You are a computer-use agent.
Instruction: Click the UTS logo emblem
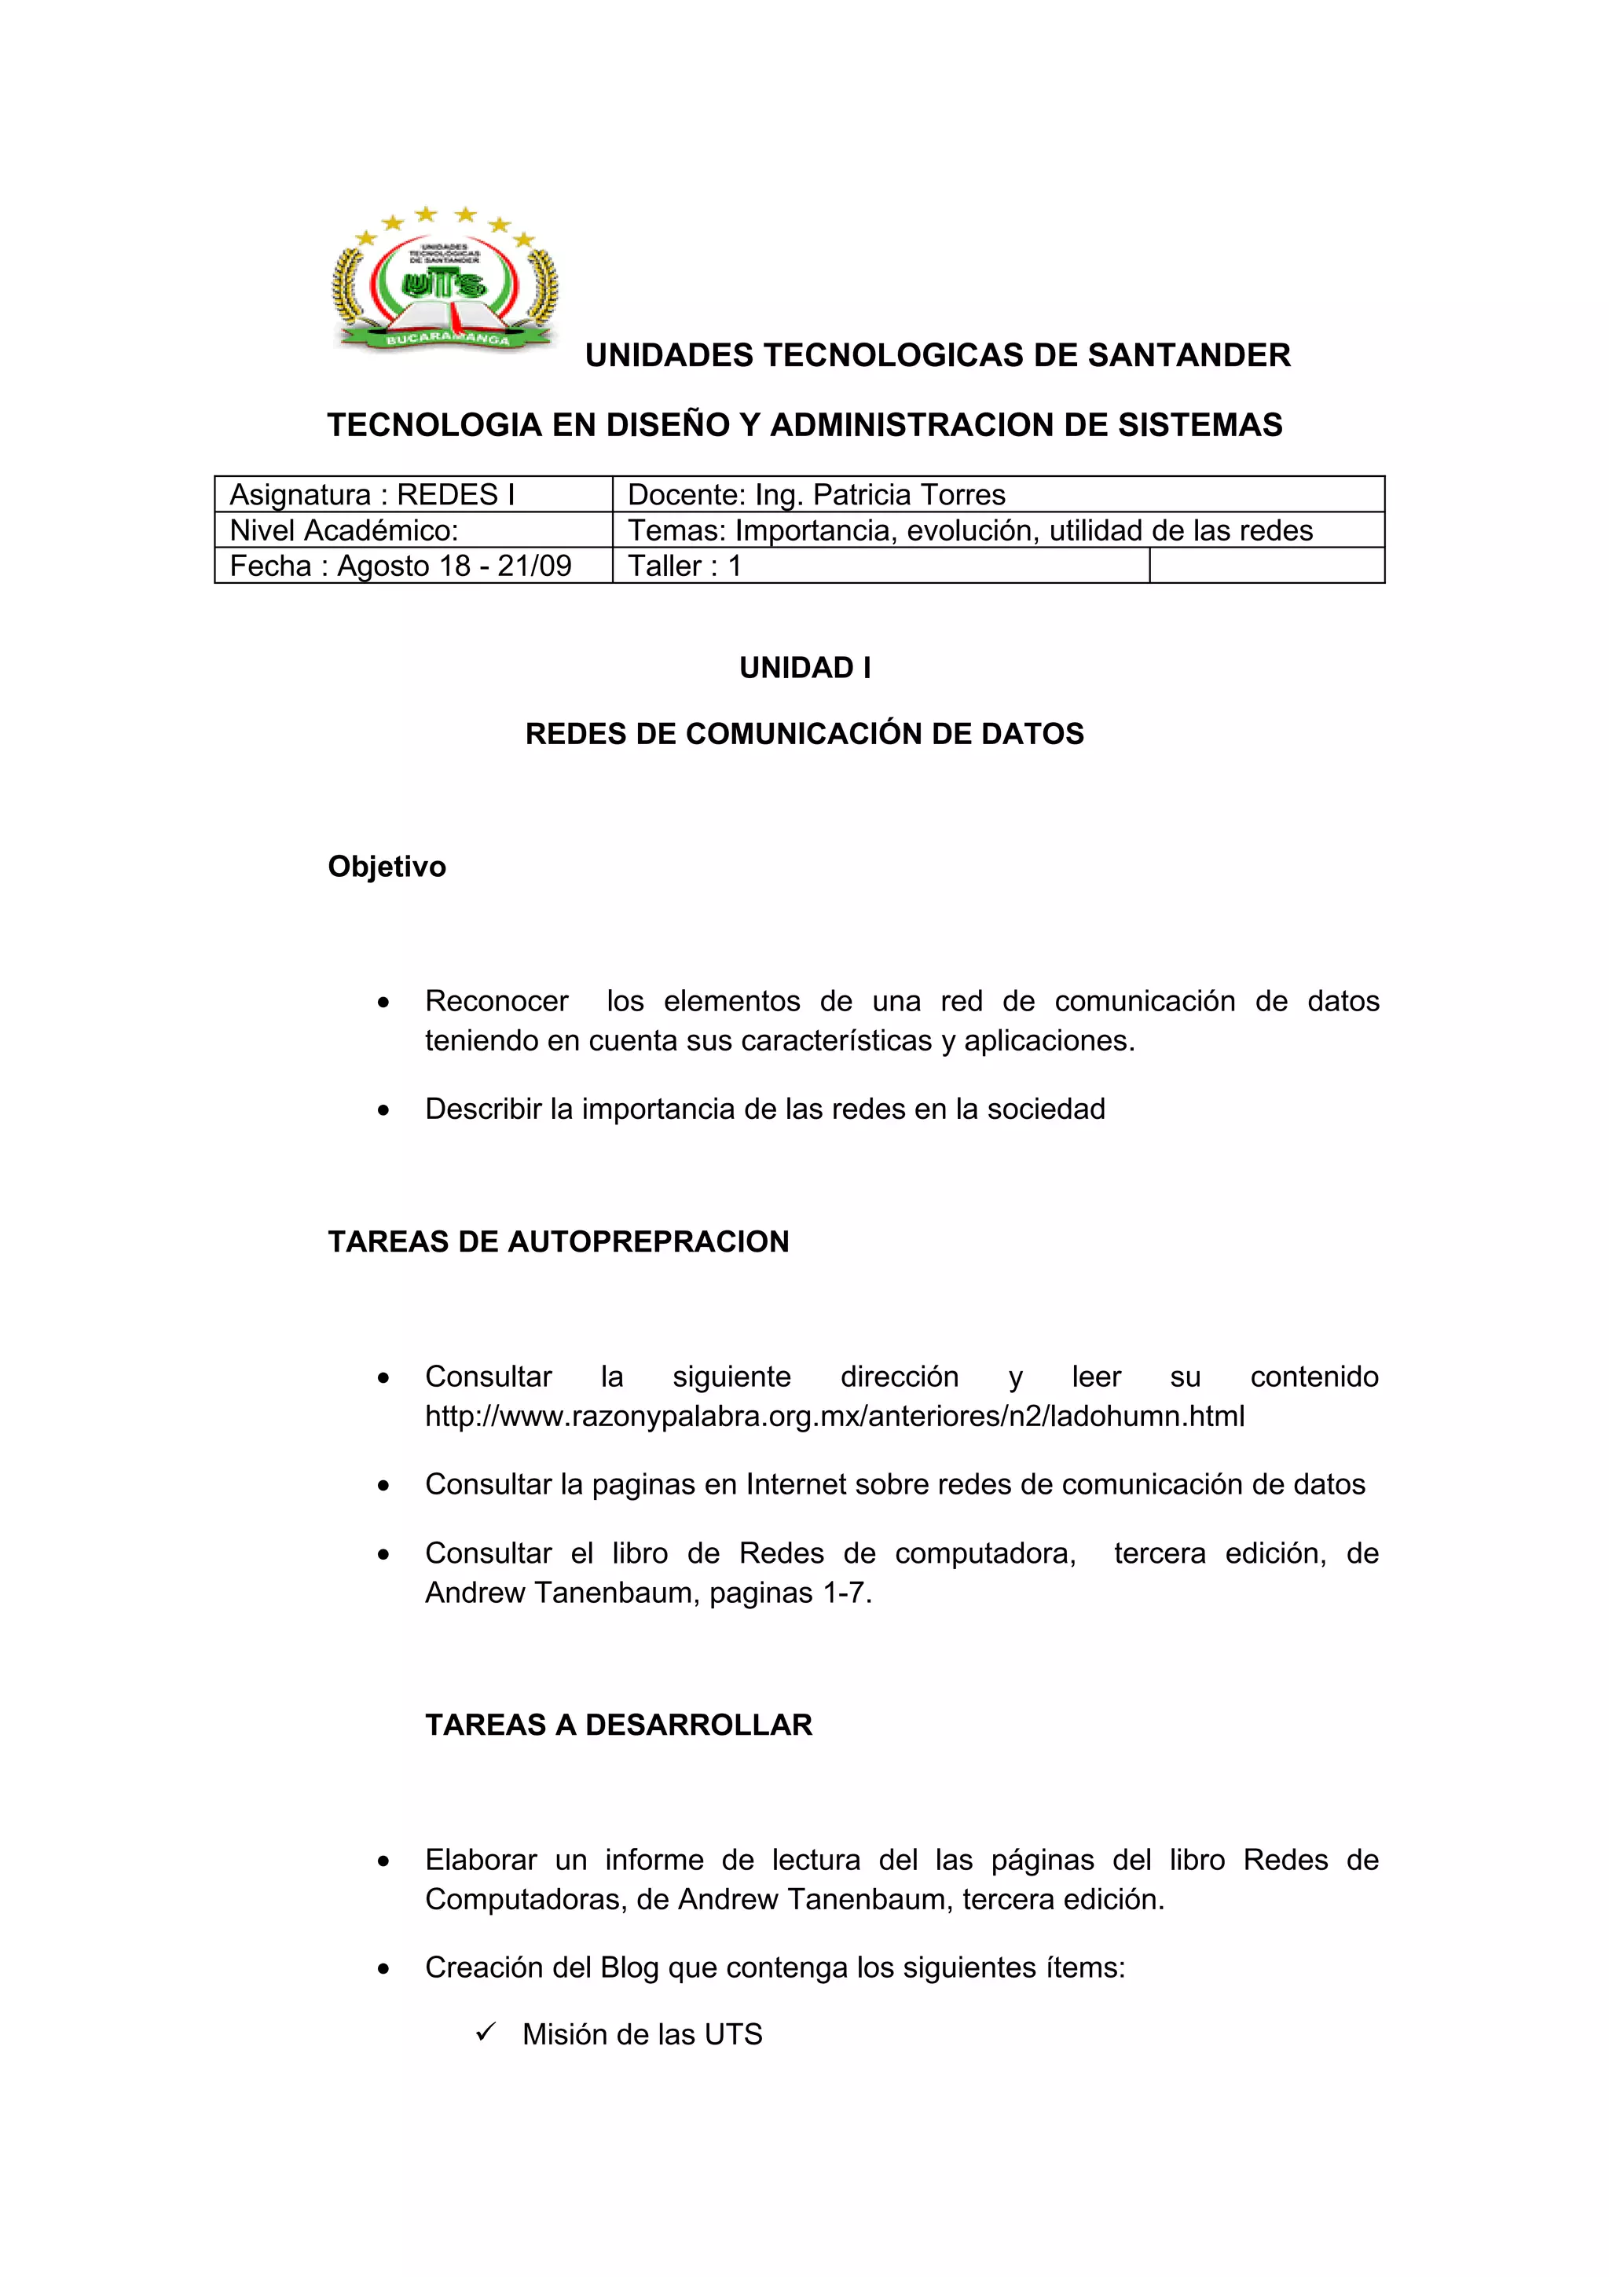click(445, 281)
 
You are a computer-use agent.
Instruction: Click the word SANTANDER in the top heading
click(1189, 355)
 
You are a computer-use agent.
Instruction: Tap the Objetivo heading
click(387, 867)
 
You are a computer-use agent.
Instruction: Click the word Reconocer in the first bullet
click(497, 1001)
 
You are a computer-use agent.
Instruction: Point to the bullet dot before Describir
click(383, 1111)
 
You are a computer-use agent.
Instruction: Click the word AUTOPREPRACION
click(648, 1241)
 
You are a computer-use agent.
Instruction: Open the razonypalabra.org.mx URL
click(834, 1416)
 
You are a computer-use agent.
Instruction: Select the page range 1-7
click(845, 1593)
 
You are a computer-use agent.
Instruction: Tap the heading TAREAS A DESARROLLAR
click(618, 1725)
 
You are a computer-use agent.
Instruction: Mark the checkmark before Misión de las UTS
click(485, 2033)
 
